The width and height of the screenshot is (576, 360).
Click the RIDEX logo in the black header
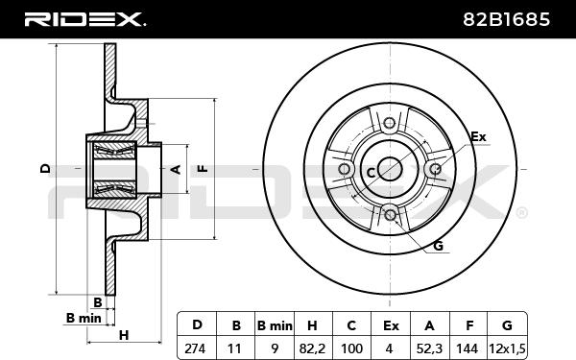point(84,19)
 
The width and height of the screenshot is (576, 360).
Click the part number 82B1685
point(506,19)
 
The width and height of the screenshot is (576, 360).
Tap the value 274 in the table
point(195,348)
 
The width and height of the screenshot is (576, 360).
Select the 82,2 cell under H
point(312,348)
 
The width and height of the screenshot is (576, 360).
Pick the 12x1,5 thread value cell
point(507,348)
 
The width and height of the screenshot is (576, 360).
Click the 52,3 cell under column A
point(429,348)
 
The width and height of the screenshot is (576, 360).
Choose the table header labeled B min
point(275,325)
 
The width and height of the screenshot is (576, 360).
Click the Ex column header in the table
point(391,325)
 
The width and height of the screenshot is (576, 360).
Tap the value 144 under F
point(468,348)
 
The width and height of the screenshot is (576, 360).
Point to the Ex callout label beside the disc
point(478,137)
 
